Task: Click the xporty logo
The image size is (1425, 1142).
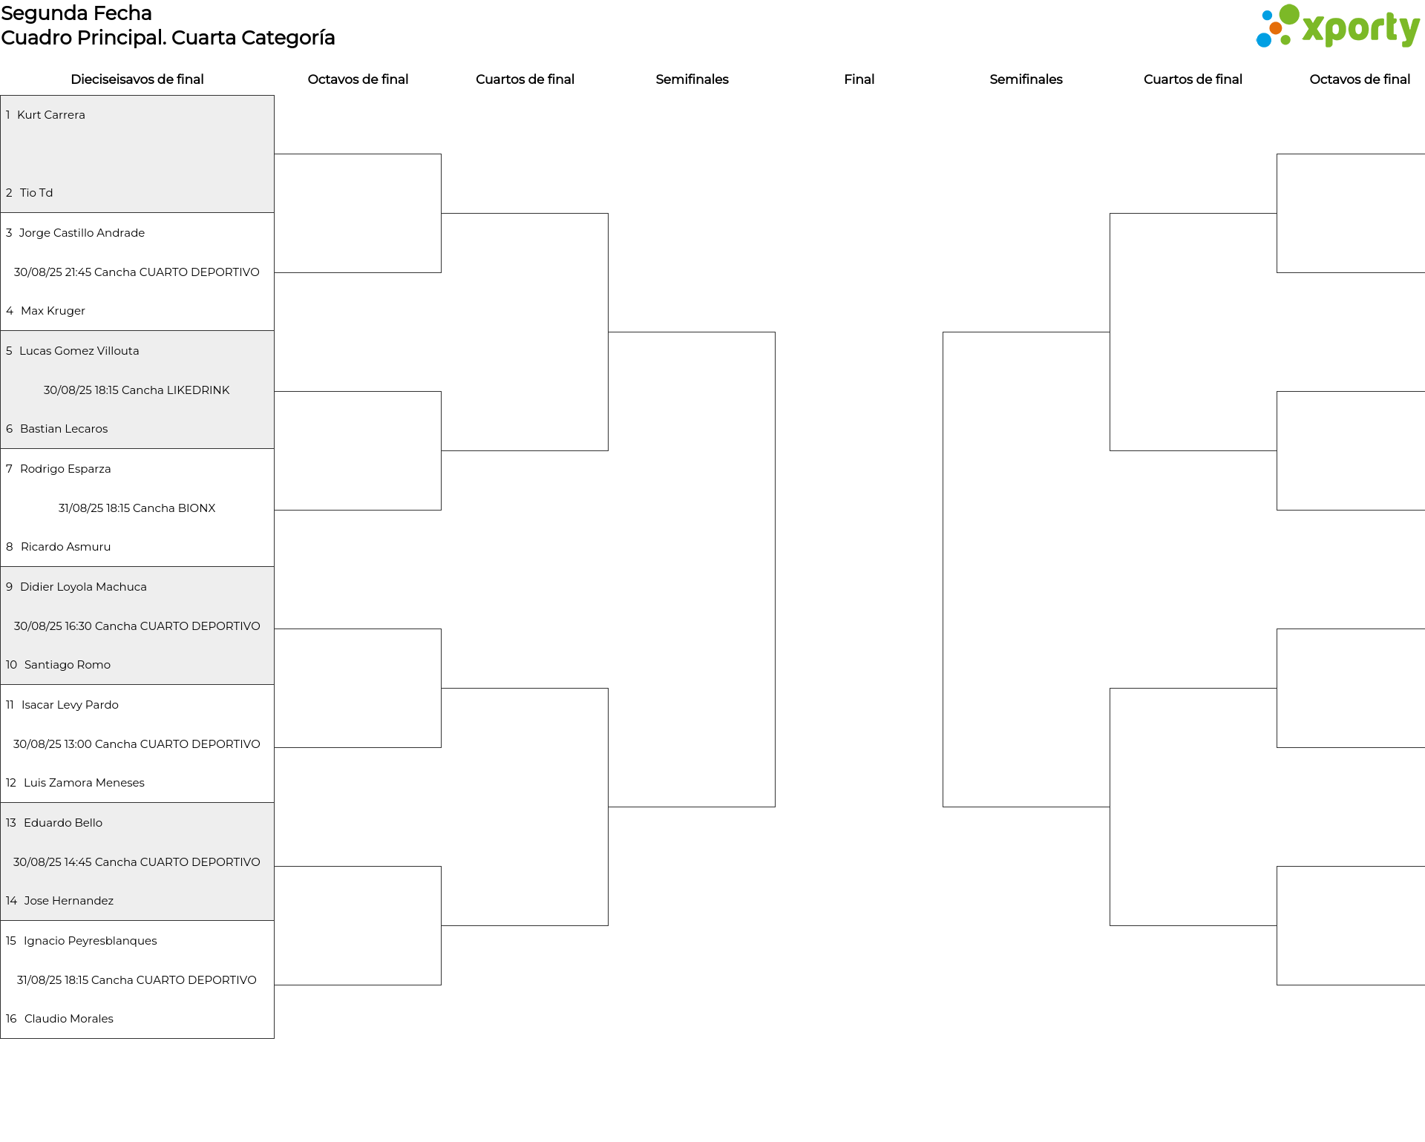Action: pyautogui.click(x=1337, y=27)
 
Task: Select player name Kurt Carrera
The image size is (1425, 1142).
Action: pyautogui.click(x=51, y=115)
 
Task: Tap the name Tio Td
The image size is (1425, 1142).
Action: pyautogui.click(x=36, y=193)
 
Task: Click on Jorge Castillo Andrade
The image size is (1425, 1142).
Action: pyautogui.click(x=82, y=233)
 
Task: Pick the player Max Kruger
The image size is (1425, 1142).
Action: pyautogui.click(x=53, y=311)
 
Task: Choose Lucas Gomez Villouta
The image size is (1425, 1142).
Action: pyautogui.click(x=79, y=351)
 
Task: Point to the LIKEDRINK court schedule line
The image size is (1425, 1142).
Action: pyautogui.click(x=137, y=390)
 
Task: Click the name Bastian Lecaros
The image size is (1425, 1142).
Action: pyautogui.click(x=64, y=429)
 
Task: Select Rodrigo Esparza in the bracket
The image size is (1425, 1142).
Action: pyautogui.click(x=65, y=469)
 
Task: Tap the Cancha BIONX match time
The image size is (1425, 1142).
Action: pyautogui.click(x=137, y=508)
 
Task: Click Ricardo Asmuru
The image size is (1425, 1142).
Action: pyautogui.click(x=65, y=547)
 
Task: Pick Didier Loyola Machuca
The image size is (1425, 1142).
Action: pyautogui.click(x=83, y=587)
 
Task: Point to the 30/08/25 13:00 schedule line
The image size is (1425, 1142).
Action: pyautogui.click(x=137, y=744)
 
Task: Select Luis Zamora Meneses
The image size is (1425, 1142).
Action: pyautogui.click(x=84, y=783)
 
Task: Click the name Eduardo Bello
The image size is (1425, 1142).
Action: pyautogui.click(x=63, y=823)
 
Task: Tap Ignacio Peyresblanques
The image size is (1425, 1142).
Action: pyautogui.click(x=91, y=941)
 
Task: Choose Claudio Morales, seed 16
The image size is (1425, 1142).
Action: pyautogui.click(x=69, y=1019)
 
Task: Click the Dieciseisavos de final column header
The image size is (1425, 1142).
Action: pyautogui.click(x=137, y=79)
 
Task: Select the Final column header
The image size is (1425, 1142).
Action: pyautogui.click(x=859, y=79)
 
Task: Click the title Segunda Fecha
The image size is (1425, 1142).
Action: pyautogui.click(x=76, y=13)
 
